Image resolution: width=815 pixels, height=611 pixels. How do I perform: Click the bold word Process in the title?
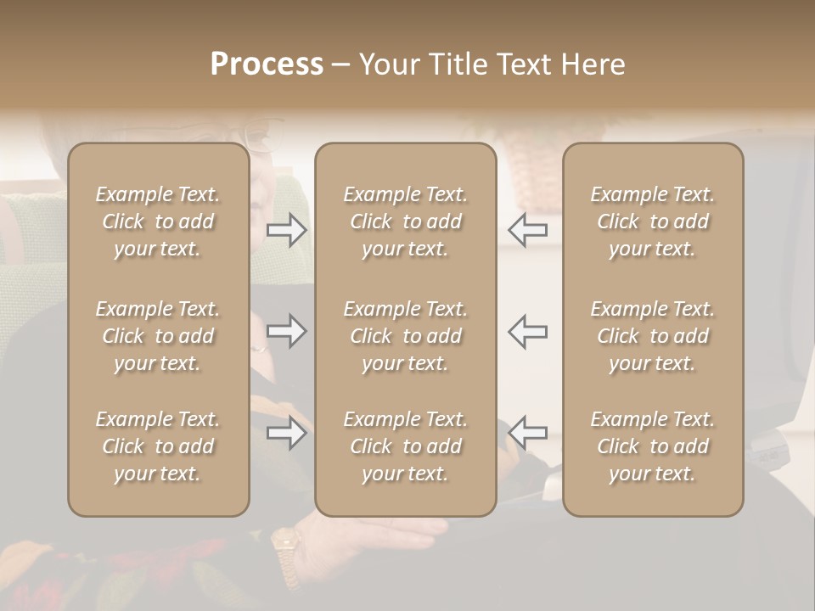(x=267, y=64)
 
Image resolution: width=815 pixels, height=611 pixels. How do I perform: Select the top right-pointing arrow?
(x=286, y=230)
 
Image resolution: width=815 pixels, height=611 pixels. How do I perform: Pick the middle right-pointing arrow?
(x=286, y=331)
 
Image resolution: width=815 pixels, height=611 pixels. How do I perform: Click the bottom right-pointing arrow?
(x=286, y=433)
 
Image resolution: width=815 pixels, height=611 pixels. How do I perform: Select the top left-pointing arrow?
(x=527, y=230)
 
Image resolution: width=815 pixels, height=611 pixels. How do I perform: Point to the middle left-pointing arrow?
(x=527, y=331)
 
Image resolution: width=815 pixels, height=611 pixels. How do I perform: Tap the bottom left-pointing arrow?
(x=527, y=433)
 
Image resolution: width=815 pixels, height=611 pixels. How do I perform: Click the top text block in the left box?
(x=158, y=221)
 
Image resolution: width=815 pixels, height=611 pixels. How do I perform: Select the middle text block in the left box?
(x=158, y=336)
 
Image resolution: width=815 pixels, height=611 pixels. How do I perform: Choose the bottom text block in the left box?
(x=158, y=446)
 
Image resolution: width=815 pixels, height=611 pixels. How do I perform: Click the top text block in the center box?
(x=405, y=221)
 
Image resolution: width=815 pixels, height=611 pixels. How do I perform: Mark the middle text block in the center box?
(x=405, y=336)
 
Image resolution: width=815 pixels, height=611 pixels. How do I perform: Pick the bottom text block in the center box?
(x=405, y=446)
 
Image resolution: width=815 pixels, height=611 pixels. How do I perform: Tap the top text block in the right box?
(x=652, y=221)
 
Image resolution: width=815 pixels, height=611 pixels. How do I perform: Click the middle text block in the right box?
(x=652, y=336)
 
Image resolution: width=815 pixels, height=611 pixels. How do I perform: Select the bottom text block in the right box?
(x=652, y=446)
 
